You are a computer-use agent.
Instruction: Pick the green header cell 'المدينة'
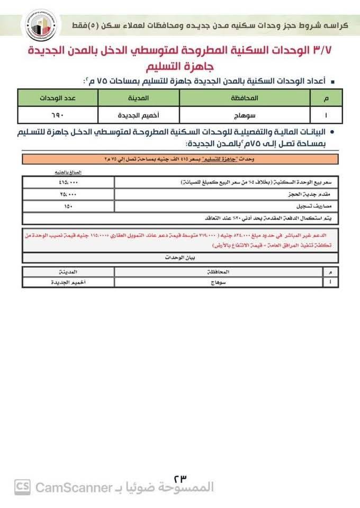(139, 98)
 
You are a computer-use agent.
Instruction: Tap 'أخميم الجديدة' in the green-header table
(139, 114)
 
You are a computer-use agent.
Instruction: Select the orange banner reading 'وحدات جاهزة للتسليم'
(180, 159)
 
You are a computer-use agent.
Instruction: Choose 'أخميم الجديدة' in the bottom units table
(68, 283)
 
